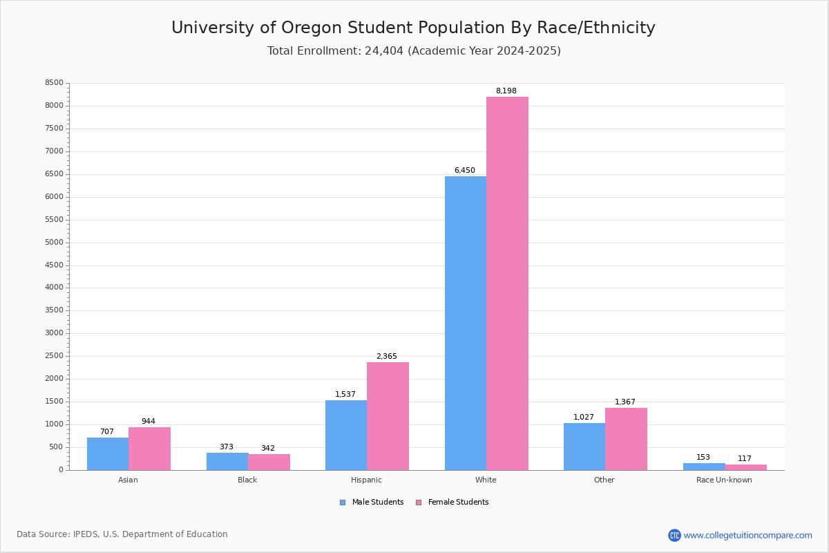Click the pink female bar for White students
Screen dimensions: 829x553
click(507, 283)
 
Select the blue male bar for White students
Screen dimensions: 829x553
click(466, 324)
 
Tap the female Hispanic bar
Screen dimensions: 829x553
click(388, 416)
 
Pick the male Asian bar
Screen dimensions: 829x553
click(108, 454)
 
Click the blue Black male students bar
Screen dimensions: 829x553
click(227, 462)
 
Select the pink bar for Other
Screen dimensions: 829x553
click(626, 439)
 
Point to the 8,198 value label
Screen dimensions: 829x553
click(506, 91)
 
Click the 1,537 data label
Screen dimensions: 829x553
click(345, 394)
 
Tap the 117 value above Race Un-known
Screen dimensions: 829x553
click(744, 458)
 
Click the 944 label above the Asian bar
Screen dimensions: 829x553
click(149, 421)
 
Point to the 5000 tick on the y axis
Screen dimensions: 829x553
click(54, 242)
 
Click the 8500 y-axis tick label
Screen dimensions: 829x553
click(54, 82)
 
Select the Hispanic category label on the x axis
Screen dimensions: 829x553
click(366, 480)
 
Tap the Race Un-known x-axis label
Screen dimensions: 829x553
click(724, 480)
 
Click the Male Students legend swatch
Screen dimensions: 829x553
click(343, 503)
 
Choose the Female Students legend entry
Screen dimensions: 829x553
click(452, 503)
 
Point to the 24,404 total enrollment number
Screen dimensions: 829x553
click(384, 51)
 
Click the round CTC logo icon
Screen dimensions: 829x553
click(674, 535)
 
